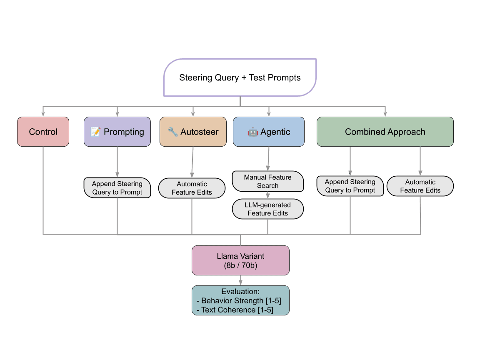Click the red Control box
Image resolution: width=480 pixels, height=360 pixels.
pyautogui.click(x=43, y=132)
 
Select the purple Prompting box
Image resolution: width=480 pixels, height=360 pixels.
pyautogui.click(x=117, y=132)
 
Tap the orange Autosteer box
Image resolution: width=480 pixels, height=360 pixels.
pyautogui.click(x=193, y=132)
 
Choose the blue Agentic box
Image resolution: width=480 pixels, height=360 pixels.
pyautogui.click(x=268, y=132)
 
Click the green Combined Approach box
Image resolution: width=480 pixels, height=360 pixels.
pyautogui.click(x=385, y=132)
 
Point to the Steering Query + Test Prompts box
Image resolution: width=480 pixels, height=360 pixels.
pyautogui.click(x=240, y=77)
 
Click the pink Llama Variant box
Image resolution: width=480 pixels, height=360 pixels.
pyautogui.click(x=240, y=260)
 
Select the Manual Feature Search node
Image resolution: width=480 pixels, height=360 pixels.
pyautogui.click(x=267, y=181)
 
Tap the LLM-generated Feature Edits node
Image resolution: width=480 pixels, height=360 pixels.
pyautogui.click(x=267, y=209)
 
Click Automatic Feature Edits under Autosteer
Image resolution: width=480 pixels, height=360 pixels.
pyautogui.click(x=192, y=188)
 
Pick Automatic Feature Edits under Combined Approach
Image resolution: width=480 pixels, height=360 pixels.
pyautogui.click(x=420, y=186)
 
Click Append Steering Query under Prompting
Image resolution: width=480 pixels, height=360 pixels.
pyautogui.click(x=117, y=188)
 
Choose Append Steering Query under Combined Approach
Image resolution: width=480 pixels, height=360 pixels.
pyautogui.click(x=350, y=186)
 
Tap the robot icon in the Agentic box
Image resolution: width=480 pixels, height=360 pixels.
pyautogui.click(x=252, y=132)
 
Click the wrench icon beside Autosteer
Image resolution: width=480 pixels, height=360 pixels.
pyautogui.click(x=172, y=132)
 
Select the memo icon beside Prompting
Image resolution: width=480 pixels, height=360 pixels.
pyautogui.click(x=95, y=132)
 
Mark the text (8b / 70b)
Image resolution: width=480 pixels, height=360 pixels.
pyautogui.click(x=240, y=265)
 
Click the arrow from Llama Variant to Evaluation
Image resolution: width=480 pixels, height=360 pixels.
pyautogui.click(x=240, y=280)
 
